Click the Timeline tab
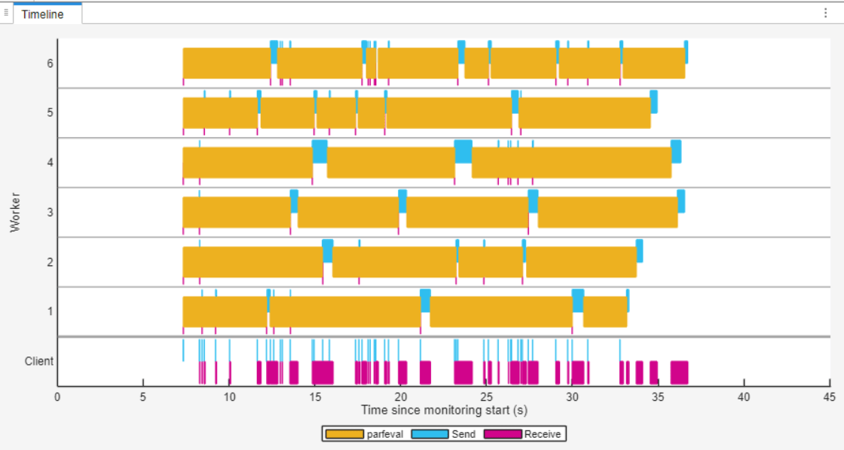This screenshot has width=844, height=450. [x=42, y=14]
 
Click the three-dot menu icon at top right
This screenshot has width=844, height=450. [x=824, y=14]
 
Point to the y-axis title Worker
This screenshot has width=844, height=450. [x=15, y=213]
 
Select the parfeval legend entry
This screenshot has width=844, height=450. [x=365, y=434]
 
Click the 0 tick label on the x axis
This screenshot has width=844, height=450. [x=57, y=397]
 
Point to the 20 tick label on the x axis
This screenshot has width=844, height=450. [x=400, y=397]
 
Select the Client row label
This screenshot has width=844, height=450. [x=39, y=361]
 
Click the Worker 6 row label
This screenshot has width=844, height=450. [x=50, y=63]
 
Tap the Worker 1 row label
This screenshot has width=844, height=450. [x=50, y=311]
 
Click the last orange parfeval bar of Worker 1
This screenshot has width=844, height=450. [x=604, y=311]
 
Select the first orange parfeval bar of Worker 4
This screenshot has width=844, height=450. [x=247, y=163]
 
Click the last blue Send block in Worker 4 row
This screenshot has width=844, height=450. [x=676, y=151]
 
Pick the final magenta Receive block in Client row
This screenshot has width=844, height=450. [x=679, y=372]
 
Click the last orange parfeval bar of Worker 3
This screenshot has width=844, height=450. [x=607, y=212]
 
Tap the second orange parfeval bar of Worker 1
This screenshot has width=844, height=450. [x=344, y=311]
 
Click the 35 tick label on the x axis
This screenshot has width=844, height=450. [x=658, y=397]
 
